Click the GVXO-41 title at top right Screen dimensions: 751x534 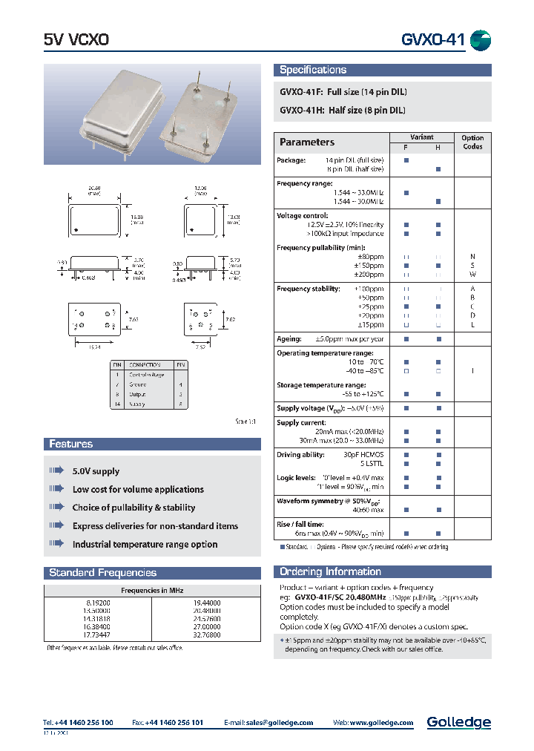tap(433, 40)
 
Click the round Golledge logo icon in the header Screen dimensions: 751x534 tap(481, 40)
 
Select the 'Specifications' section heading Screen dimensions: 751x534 tap(313, 70)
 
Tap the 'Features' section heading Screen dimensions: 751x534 tap(71, 444)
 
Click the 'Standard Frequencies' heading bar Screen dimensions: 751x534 tap(102, 572)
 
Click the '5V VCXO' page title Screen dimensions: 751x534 tap(76, 41)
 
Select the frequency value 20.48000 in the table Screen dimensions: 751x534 tap(207, 610)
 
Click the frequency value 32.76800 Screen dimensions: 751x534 tap(207, 635)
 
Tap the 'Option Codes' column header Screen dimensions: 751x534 tap(472, 142)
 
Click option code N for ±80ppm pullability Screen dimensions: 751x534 tap(472, 256)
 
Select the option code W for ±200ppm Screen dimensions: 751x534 tap(472, 274)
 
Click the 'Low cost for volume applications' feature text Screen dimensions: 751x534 tap(138, 490)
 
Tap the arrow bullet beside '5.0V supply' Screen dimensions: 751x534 tap(56, 471)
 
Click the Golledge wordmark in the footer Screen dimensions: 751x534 tap(458, 722)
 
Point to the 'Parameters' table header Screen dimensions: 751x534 tap(307, 142)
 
